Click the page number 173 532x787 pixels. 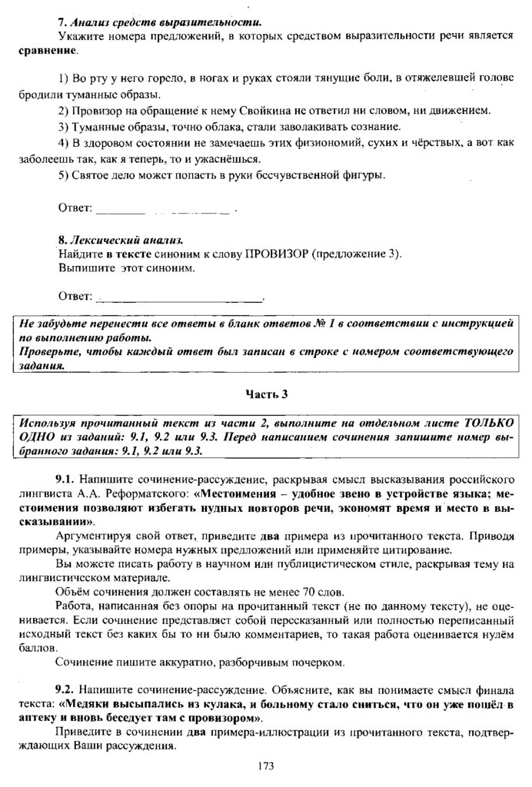pos(266,765)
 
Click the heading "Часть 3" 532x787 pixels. pos(266,394)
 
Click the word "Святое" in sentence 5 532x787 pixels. pos(92,176)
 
